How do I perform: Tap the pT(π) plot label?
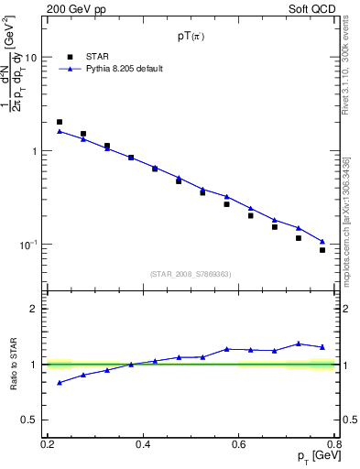coord(192,38)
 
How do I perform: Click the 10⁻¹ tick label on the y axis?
coord(31,245)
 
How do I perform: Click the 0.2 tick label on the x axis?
coord(48,444)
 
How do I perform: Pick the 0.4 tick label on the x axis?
coord(143,444)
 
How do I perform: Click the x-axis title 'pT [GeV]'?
coord(316,457)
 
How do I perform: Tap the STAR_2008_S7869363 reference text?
coord(191,274)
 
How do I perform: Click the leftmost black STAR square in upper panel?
coord(60,122)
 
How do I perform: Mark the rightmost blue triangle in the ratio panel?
coord(322,347)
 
